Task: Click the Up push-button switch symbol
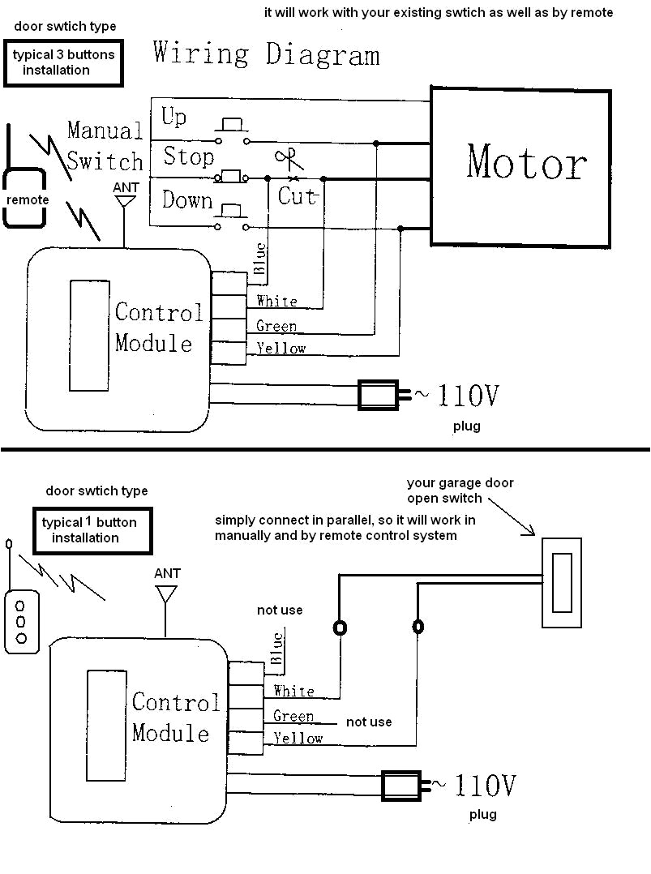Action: point(232,126)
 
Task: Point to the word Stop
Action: point(188,156)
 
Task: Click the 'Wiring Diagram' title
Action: point(266,54)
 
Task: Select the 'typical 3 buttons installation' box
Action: point(63,63)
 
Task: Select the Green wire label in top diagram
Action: point(276,326)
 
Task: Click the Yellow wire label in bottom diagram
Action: point(298,738)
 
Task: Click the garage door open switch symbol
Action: point(561,582)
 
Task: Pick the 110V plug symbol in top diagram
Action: point(380,395)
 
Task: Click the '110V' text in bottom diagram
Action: point(485,785)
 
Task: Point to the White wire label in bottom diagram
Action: point(293,691)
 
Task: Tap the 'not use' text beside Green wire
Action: point(368,722)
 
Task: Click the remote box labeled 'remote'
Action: point(28,199)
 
